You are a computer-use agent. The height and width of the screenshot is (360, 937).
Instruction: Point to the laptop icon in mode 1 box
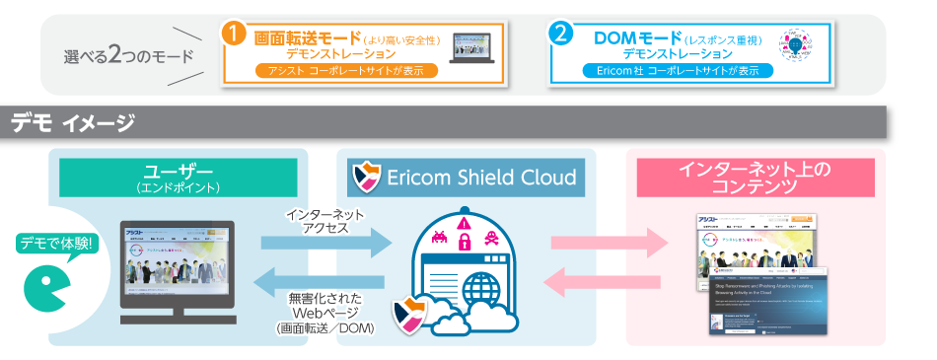469,47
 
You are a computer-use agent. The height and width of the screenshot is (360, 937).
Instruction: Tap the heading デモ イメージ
73,123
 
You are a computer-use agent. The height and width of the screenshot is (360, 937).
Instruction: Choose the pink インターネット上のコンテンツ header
755,177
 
